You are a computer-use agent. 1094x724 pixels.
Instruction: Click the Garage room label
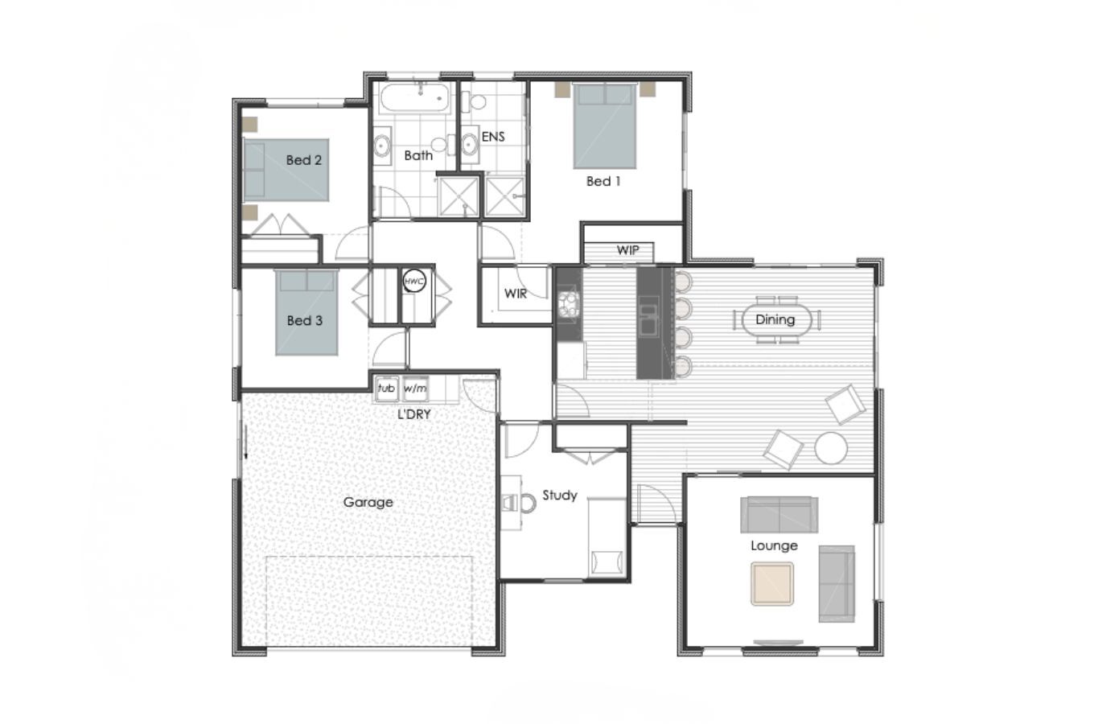[x=368, y=502]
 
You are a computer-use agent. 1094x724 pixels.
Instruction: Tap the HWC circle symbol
[x=414, y=282]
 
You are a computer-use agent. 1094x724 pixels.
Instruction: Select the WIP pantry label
[x=628, y=250]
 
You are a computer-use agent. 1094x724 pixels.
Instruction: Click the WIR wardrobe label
[x=516, y=294]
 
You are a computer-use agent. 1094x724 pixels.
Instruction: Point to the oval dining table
[x=775, y=320]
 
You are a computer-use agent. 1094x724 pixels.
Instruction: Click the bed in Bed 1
[x=605, y=125]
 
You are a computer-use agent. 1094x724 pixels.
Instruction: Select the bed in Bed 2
[x=286, y=170]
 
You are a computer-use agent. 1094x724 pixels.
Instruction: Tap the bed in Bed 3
[x=306, y=312]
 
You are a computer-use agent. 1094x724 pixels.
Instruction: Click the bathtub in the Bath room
[x=414, y=100]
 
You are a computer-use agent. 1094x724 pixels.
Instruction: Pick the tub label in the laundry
[x=386, y=389]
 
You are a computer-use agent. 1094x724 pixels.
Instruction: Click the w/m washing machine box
[x=415, y=389]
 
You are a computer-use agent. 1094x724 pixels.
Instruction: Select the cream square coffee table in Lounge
[x=772, y=583]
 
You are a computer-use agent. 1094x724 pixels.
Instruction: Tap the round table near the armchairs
[x=830, y=448]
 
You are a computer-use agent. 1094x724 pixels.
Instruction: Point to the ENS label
[x=493, y=137]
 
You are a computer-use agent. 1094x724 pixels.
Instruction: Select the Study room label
[x=560, y=496]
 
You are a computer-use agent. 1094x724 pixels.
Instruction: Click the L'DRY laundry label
[x=415, y=414]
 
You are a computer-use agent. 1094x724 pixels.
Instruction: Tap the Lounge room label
[x=774, y=545]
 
